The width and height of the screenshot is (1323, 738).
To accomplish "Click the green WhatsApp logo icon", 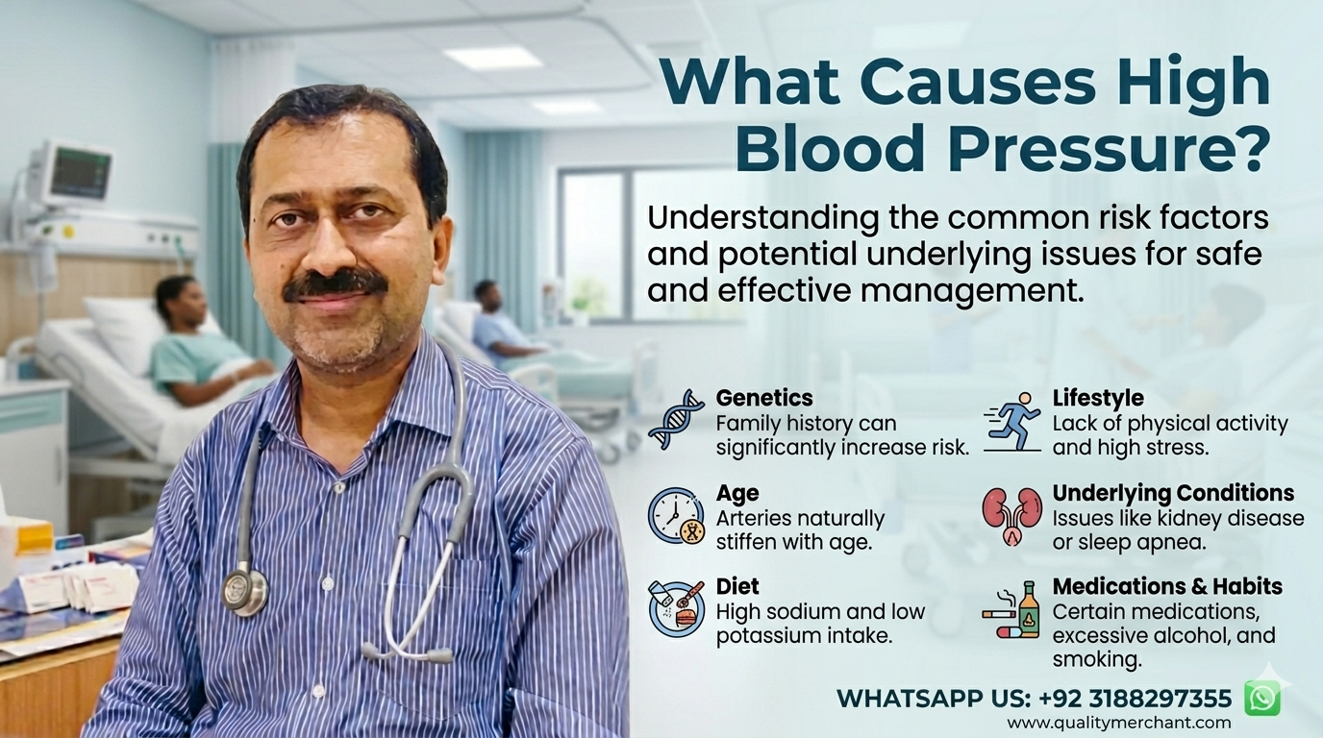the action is [1262, 699].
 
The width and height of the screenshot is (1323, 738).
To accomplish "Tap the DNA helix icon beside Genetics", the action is [677, 419].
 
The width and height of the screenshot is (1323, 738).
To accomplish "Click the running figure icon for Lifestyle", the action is [1012, 422].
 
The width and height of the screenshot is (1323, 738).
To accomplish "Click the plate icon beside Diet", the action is [677, 610].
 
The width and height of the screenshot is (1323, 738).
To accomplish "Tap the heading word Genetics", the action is [764, 398].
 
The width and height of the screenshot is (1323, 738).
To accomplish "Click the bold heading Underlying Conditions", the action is [1173, 493].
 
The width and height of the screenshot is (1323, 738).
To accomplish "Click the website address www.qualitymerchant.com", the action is [1119, 723].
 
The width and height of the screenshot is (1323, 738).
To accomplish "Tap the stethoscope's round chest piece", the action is [245, 592].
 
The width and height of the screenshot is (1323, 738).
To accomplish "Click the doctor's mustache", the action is [335, 285].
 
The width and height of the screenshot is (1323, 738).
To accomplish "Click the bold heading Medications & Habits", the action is [1167, 586].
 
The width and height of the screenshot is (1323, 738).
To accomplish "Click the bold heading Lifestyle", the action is [1098, 399].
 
